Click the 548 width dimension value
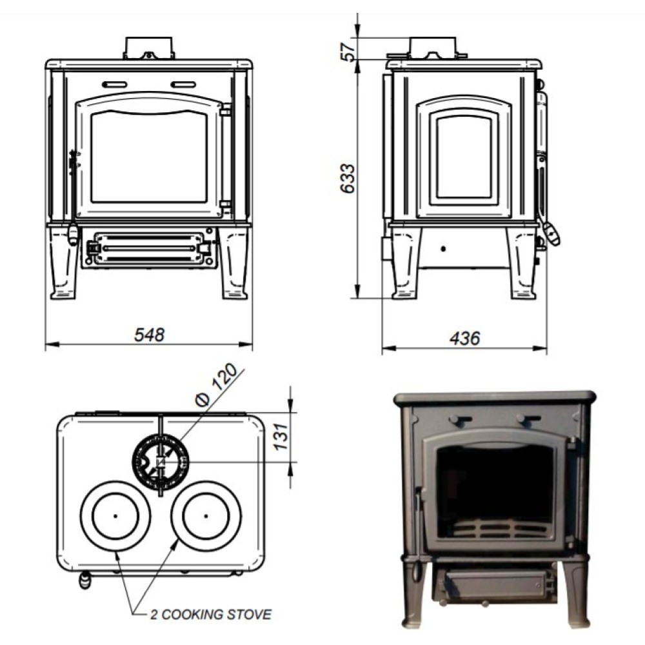149,335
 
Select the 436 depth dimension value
464,338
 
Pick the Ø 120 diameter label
219,385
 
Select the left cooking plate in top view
115,516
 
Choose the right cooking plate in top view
206,516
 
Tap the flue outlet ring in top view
160,461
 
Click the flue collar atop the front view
149,48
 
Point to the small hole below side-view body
444,248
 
